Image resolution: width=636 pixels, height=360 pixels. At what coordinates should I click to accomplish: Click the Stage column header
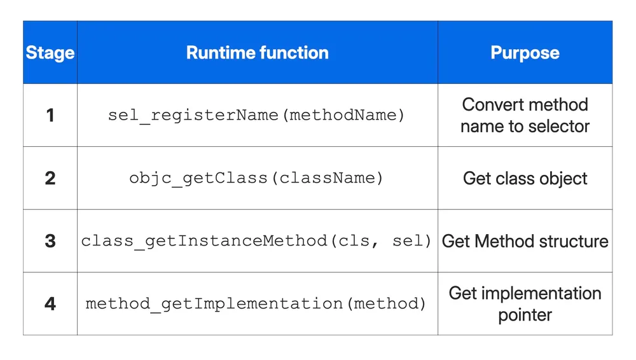(x=50, y=53)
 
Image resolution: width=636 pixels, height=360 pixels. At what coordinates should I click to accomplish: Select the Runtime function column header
(x=257, y=53)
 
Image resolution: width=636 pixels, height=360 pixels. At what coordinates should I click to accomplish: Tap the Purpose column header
(x=525, y=53)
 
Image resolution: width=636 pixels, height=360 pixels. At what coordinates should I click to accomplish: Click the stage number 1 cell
(x=50, y=115)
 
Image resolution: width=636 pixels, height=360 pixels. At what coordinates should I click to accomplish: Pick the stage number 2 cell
(x=50, y=178)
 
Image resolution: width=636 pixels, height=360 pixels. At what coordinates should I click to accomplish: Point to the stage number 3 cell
(x=50, y=241)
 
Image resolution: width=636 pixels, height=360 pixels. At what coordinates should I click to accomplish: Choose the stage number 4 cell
(x=50, y=303)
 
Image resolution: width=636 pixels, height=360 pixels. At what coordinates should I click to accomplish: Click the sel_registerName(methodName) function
(x=257, y=116)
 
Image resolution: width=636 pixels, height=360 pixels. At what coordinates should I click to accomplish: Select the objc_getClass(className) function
(x=257, y=178)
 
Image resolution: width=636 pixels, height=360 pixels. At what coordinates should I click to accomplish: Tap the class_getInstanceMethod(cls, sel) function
(x=257, y=241)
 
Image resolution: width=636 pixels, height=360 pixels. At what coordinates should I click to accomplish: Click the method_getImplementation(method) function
(x=257, y=303)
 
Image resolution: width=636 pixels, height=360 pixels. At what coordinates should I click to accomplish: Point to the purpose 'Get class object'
(x=525, y=178)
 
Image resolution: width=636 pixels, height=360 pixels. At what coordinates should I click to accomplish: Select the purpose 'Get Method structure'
(x=525, y=241)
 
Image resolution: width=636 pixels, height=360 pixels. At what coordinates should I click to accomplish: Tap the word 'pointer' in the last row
(x=525, y=315)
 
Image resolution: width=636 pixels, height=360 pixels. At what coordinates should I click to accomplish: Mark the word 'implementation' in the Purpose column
(x=541, y=293)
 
